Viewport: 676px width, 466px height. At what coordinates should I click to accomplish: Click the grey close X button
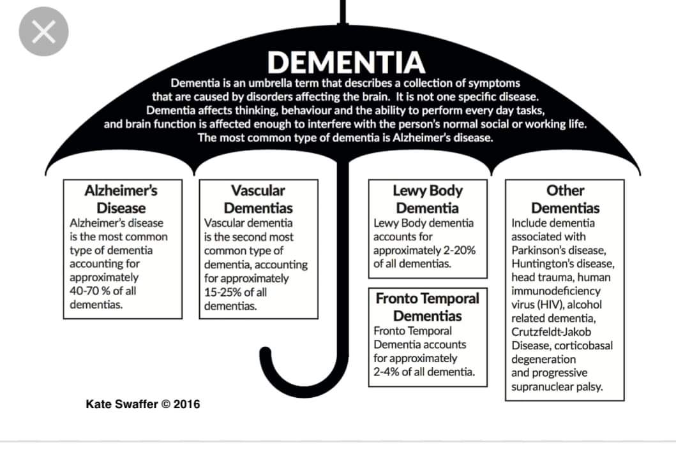click(43, 32)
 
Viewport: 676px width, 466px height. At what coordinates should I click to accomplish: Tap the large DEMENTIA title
click(345, 62)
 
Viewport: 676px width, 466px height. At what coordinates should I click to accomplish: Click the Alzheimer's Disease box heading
click(121, 199)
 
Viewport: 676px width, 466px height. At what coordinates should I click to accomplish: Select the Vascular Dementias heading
click(258, 199)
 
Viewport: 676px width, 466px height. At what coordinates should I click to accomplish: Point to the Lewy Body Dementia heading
click(428, 199)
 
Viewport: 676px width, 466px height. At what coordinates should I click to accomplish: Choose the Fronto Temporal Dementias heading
click(428, 307)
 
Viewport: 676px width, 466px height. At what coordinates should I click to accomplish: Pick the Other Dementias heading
click(565, 199)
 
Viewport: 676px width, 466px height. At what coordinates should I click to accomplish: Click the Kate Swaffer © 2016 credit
click(142, 404)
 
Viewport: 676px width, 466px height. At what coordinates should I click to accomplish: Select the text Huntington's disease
click(562, 264)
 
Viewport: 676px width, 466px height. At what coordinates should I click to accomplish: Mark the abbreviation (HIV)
click(549, 305)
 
